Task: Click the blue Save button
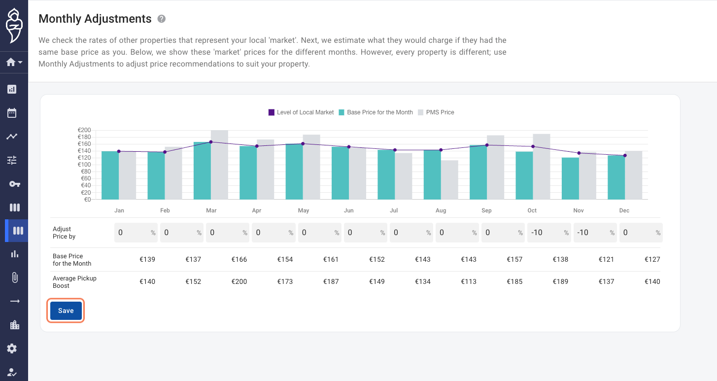(x=66, y=311)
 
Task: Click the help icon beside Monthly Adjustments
(x=162, y=19)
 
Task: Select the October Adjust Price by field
(x=549, y=233)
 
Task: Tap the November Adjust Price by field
(x=595, y=233)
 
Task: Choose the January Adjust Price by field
(x=136, y=233)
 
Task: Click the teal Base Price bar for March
(x=203, y=171)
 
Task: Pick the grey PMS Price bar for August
(x=449, y=180)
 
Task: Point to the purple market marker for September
(x=487, y=145)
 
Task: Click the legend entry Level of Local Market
(x=301, y=112)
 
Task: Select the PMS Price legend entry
(x=436, y=112)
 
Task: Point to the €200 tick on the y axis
(x=84, y=130)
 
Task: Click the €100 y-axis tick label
(x=84, y=165)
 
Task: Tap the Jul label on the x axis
(x=394, y=210)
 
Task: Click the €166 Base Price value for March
(x=239, y=259)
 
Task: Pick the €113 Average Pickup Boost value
(x=469, y=281)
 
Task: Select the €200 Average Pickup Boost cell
(x=239, y=281)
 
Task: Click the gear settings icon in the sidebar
(x=12, y=348)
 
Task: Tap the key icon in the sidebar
(x=14, y=184)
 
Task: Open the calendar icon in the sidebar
(x=12, y=113)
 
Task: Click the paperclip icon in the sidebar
(x=15, y=277)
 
